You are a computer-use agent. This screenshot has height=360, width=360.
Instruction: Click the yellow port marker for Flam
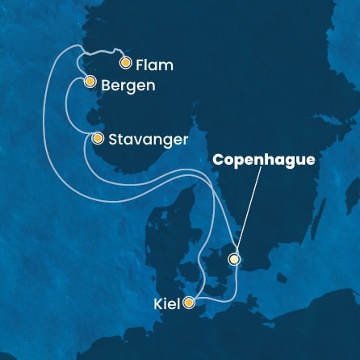pos(125,62)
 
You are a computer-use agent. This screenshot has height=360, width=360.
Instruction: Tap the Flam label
pos(154,64)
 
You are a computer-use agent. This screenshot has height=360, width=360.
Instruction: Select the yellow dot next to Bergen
pos(90,82)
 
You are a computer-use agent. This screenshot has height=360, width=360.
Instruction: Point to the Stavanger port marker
pos(98,138)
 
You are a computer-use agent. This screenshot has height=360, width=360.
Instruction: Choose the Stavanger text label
pos(149,140)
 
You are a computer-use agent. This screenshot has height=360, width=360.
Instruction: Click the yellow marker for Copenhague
pos(234,259)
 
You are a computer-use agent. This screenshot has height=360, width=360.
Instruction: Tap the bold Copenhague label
pos(263,161)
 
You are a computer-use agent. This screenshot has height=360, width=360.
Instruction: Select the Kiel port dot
pos(189,303)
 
